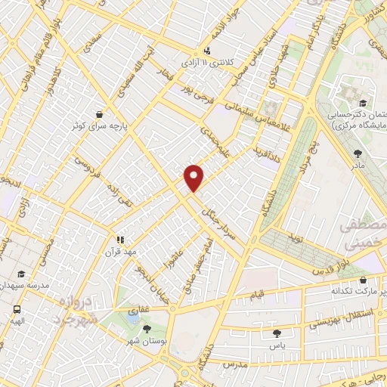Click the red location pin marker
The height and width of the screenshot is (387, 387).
click(194, 177)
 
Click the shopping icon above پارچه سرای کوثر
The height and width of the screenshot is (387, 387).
click(100, 114)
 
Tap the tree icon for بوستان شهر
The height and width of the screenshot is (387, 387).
click(147, 329)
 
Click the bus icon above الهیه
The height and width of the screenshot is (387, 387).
click(17, 309)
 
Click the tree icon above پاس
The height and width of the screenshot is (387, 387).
click(277, 333)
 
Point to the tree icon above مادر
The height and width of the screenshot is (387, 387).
click(357, 153)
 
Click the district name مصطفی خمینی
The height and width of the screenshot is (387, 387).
click(363, 235)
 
